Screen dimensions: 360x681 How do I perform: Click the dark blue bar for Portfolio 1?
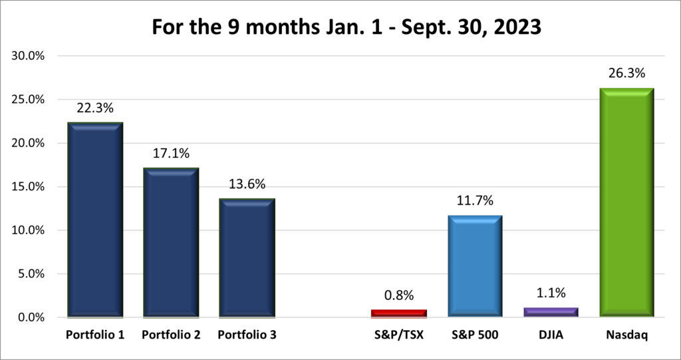(96, 220)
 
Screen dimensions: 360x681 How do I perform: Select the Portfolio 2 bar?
(172, 242)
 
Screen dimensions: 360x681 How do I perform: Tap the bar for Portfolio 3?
(247, 258)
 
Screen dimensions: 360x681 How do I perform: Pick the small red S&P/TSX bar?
(399, 313)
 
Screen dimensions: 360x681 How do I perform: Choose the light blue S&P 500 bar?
(475, 266)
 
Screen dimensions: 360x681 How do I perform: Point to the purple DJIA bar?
(551, 312)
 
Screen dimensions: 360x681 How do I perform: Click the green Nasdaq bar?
(626, 202)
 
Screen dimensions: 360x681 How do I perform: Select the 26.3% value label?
(626, 73)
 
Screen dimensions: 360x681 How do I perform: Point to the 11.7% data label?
(475, 200)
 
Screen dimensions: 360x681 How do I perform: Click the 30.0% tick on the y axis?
(28, 56)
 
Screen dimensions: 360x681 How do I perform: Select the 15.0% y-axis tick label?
(28, 187)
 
